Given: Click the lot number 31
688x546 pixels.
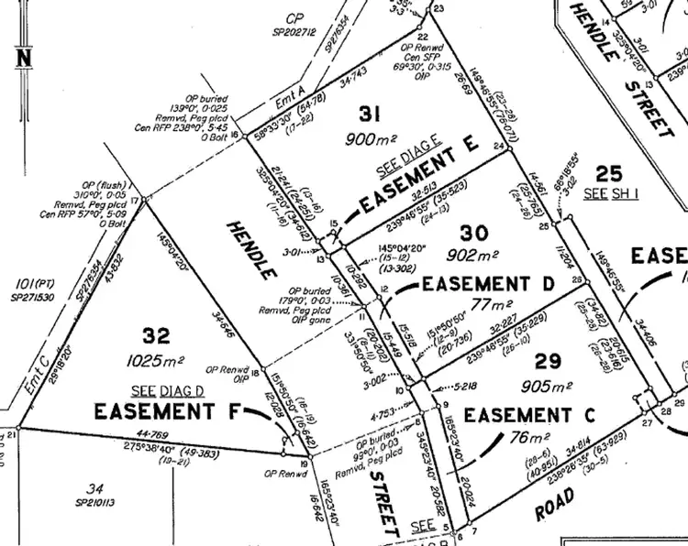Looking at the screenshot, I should click(x=370, y=115).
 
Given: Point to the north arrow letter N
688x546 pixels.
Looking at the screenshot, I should click(x=22, y=57).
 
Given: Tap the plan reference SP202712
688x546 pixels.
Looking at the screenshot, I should click(x=294, y=32).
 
